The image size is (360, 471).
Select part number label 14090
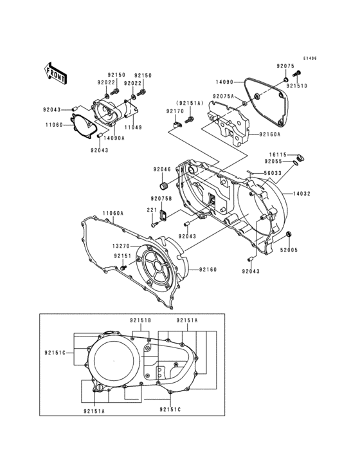[x=224, y=82]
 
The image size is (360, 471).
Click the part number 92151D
[x=297, y=86]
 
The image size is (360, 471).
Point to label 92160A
[x=269, y=134]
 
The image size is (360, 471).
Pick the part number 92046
[x=161, y=169]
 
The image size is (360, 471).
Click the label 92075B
[x=161, y=198]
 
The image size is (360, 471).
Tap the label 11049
[x=133, y=128]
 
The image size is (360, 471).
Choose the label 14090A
[x=113, y=138]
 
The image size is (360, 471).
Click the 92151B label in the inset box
[x=140, y=320]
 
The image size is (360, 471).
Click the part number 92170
[x=175, y=111]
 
